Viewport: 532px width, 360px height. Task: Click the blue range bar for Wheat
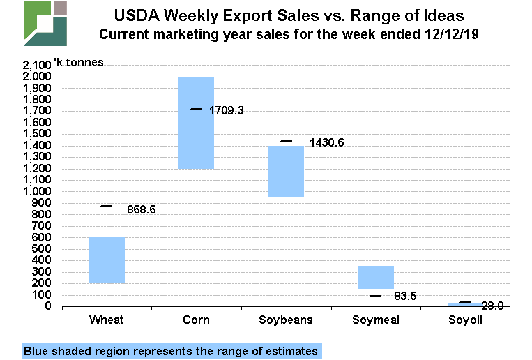point(107,260)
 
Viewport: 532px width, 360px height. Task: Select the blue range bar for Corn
point(196,122)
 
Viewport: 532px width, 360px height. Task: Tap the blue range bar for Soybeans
point(286,172)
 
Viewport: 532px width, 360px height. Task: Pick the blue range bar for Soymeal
point(375,277)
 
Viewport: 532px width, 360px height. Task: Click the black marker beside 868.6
point(107,207)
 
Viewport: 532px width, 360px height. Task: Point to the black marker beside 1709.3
point(196,109)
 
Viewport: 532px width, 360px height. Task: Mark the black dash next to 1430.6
point(286,142)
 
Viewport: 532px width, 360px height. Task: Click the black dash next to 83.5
point(375,297)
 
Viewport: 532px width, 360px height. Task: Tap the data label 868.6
point(141,209)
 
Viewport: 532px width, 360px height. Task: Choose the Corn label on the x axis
point(196,320)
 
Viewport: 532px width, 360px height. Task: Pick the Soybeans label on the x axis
point(286,320)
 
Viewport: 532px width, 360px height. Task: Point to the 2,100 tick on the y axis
point(36,65)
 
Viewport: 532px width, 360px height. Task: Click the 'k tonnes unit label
point(79,62)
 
